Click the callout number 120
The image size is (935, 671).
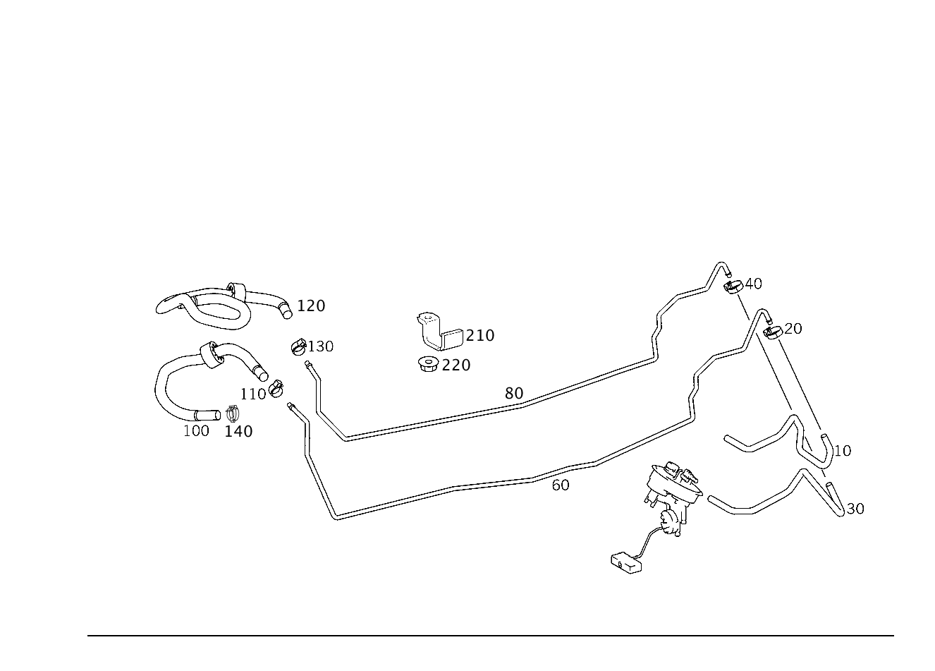coord(311,306)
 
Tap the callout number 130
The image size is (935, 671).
coord(321,346)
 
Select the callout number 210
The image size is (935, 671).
coord(480,336)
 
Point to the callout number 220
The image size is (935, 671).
coord(456,365)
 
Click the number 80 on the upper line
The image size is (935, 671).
coord(514,393)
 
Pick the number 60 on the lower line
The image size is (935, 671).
coord(561,485)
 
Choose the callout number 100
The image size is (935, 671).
coord(196,431)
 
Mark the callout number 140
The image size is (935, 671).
coord(239,432)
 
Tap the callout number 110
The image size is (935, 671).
coord(253,394)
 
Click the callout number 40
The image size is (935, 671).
coord(753,284)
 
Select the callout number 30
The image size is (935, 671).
coord(855,509)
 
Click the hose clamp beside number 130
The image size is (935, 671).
coord(298,347)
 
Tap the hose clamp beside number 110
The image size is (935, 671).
coord(276,389)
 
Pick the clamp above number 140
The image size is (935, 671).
coord(232,413)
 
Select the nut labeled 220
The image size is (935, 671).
coord(428,364)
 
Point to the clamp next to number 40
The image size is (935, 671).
coord(733,287)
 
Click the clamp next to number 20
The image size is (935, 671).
coord(773,333)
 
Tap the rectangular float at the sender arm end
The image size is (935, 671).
coord(626,564)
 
